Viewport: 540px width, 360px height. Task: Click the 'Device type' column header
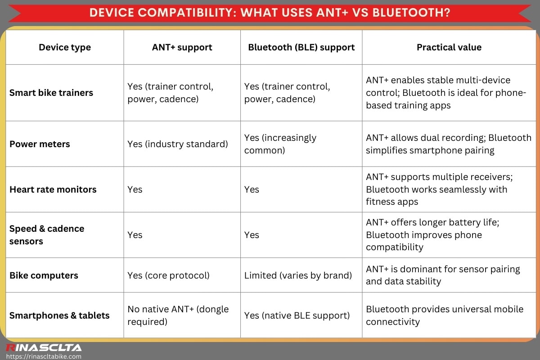pyautogui.click(x=65, y=47)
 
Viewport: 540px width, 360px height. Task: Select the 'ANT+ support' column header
pyautogui.click(x=182, y=47)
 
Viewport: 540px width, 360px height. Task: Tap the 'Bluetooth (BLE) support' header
pyautogui.click(x=301, y=47)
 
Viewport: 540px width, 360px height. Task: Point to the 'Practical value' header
pyautogui.click(x=449, y=47)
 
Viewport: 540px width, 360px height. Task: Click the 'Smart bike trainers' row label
pyautogui.click(x=51, y=93)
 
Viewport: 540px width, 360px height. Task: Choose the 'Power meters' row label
pyautogui.click(x=40, y=144)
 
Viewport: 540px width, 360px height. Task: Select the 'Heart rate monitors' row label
pyautogui.click(x=53, y=189)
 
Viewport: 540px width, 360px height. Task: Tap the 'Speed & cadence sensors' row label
pyautogui.click(x=47, y=235)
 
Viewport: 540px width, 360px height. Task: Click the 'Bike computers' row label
pyautogui.click(x=44, y=275)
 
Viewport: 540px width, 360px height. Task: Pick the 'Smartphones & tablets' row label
pyautogui.click(x=59, y=315)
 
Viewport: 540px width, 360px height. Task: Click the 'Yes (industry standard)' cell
pyautogui.click(x=177, y=144)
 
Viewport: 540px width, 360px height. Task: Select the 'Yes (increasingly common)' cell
pyautogui.click(x=280, y=144)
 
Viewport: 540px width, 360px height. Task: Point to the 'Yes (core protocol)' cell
pyautogui.click(x=168, y=275)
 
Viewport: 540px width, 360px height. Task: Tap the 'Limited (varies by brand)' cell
pyautogui.click(x=298, y=275)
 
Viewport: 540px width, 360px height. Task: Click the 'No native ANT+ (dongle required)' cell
pyautogui.click(x=178, y=315)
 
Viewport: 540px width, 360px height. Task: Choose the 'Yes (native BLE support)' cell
pyautogui.click(x=297, y=315)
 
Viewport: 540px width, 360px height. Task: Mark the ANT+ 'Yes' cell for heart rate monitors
pyautogui.click(x=135, y=189)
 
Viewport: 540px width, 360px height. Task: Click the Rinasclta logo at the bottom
pyautogui.click(x=43, y=347)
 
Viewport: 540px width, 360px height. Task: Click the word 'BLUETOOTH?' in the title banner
pyautogui.click(x=411, y=12)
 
